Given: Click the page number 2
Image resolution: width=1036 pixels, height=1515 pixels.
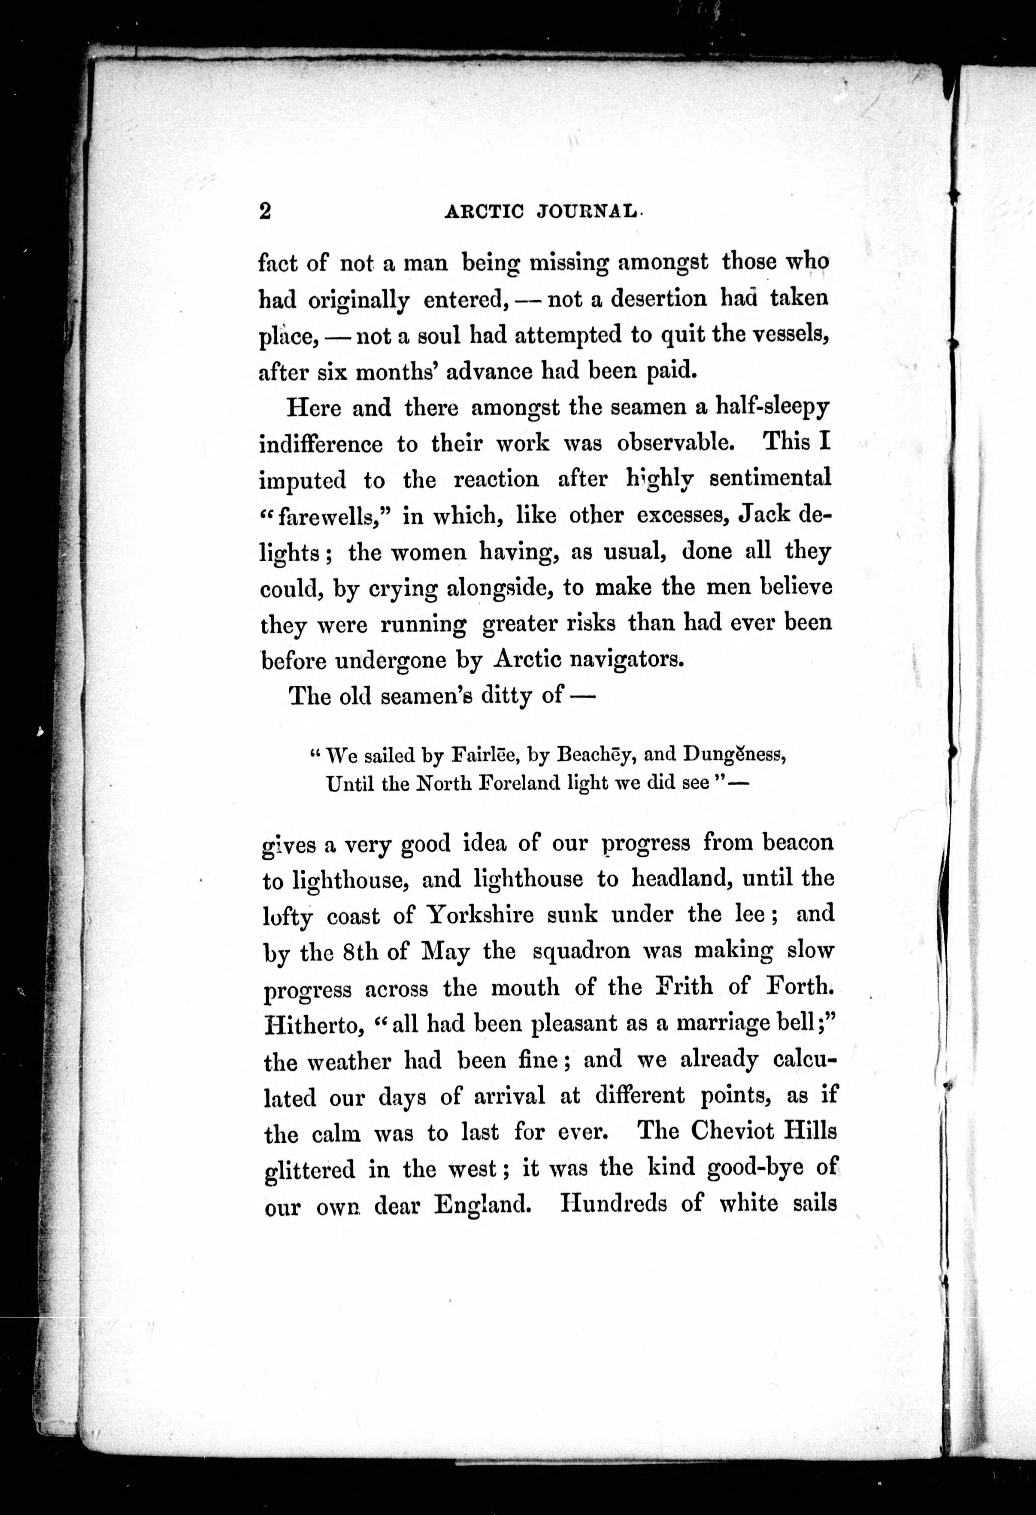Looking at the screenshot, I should pos(264,211).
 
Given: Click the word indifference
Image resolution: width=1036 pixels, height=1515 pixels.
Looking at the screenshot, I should pos(320,444).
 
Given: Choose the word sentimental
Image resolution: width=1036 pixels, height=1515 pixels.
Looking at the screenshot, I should pos(770,480).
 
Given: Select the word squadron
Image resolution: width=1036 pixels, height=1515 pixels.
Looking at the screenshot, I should pos(581,952).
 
